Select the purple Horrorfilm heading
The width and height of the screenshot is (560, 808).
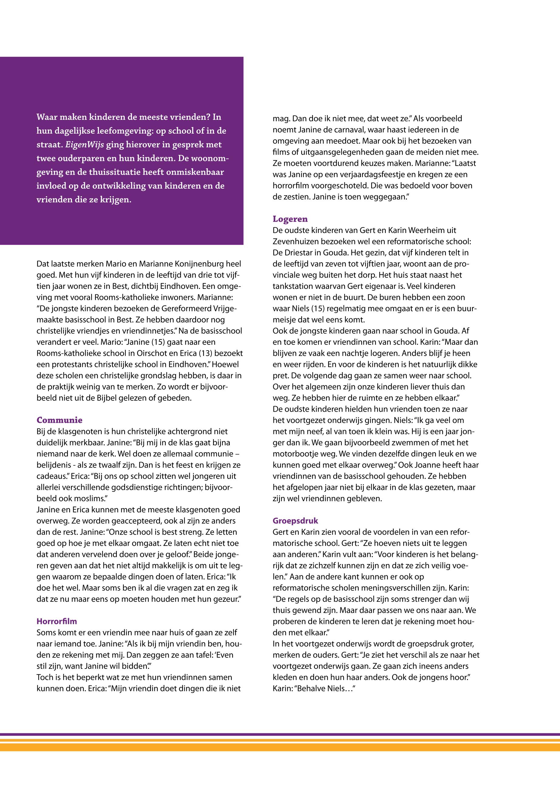[x=56, y=621]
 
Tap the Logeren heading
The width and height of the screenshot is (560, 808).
[x=290, y=219]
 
